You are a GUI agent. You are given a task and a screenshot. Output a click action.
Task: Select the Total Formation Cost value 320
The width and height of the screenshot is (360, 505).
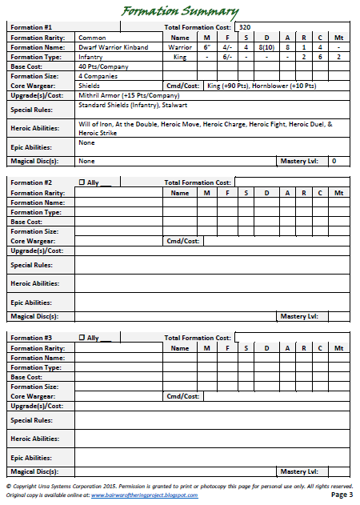click(246, 27)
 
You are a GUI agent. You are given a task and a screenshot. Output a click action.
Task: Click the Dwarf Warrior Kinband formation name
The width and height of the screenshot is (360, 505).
click(113, 47)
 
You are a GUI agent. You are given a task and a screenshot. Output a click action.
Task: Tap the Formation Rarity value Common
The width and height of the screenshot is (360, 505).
click(92, 38)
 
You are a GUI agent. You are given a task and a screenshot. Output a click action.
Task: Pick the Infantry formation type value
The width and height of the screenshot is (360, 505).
click(91, 57)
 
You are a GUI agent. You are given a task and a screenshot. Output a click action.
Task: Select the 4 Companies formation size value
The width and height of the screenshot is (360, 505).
click(98, 75)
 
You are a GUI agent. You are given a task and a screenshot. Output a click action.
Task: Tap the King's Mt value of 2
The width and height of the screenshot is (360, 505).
click(339, 57)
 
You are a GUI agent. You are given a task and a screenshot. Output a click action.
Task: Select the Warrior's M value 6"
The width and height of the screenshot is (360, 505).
click(206, 47)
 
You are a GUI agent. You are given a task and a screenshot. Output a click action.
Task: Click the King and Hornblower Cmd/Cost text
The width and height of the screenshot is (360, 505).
click(261, 85)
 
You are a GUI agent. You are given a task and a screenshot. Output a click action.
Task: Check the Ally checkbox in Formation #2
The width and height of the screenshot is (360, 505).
click(82, 182)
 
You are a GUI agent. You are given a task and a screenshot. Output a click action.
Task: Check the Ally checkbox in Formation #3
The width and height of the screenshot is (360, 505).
click(82, 338)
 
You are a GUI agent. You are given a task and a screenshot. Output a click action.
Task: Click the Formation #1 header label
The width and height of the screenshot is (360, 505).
click(32, 27)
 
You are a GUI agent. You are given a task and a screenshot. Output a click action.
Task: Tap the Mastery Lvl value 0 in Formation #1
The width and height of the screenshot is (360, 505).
click(334, 161)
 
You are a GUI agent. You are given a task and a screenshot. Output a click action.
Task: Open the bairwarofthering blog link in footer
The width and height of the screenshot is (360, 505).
click(143, 495)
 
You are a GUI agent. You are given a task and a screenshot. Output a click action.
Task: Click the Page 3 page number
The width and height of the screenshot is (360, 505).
click(341, 495)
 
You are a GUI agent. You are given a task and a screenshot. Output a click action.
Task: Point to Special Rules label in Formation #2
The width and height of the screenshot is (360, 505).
click(32, 264)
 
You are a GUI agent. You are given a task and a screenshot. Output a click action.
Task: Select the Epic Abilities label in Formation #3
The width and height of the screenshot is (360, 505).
click(32, 458)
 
